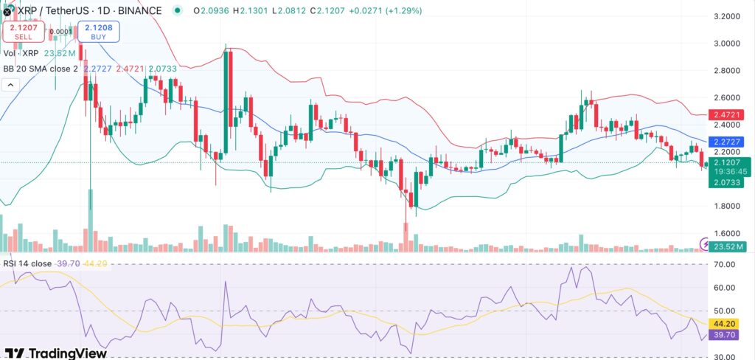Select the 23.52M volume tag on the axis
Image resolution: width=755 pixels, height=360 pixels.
coord(726,246)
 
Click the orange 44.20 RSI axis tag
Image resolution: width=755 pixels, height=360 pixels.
coord(726,323)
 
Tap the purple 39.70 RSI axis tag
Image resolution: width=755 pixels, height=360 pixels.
coord(726,336)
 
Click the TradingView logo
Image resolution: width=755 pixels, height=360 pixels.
coord(56,353)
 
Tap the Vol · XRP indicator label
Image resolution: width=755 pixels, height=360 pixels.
coord(21,53)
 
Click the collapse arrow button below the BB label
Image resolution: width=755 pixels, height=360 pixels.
coord(11,85)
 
